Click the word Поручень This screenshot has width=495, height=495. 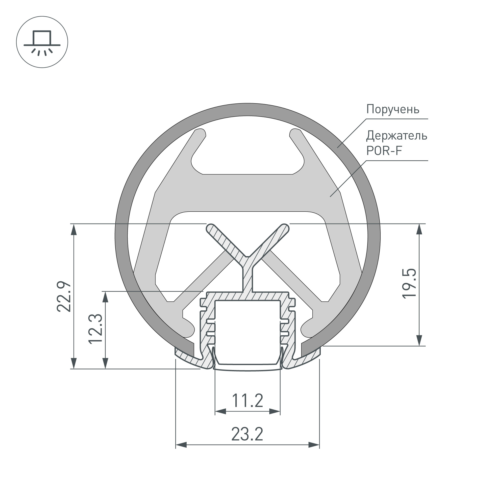(x=393, y=109)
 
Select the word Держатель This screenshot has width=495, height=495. (x=396, y=136)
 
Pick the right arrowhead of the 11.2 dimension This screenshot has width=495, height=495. (x=275, y=412)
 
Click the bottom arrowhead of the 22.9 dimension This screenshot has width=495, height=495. (x=74, y=364)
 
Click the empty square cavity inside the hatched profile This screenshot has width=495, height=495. (x=247, y=330)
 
